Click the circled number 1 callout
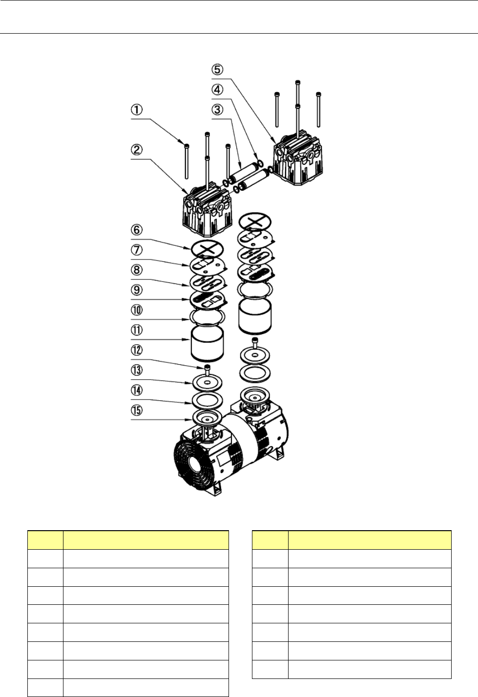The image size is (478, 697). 137,110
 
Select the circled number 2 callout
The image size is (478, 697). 137,150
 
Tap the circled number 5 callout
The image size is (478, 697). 217,69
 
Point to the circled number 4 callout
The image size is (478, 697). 217,90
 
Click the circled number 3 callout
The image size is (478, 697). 217,110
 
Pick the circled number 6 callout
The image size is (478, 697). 137,230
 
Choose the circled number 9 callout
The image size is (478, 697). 137,290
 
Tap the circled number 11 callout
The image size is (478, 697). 137,330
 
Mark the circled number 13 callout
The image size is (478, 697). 137,370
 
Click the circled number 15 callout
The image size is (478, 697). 137,410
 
